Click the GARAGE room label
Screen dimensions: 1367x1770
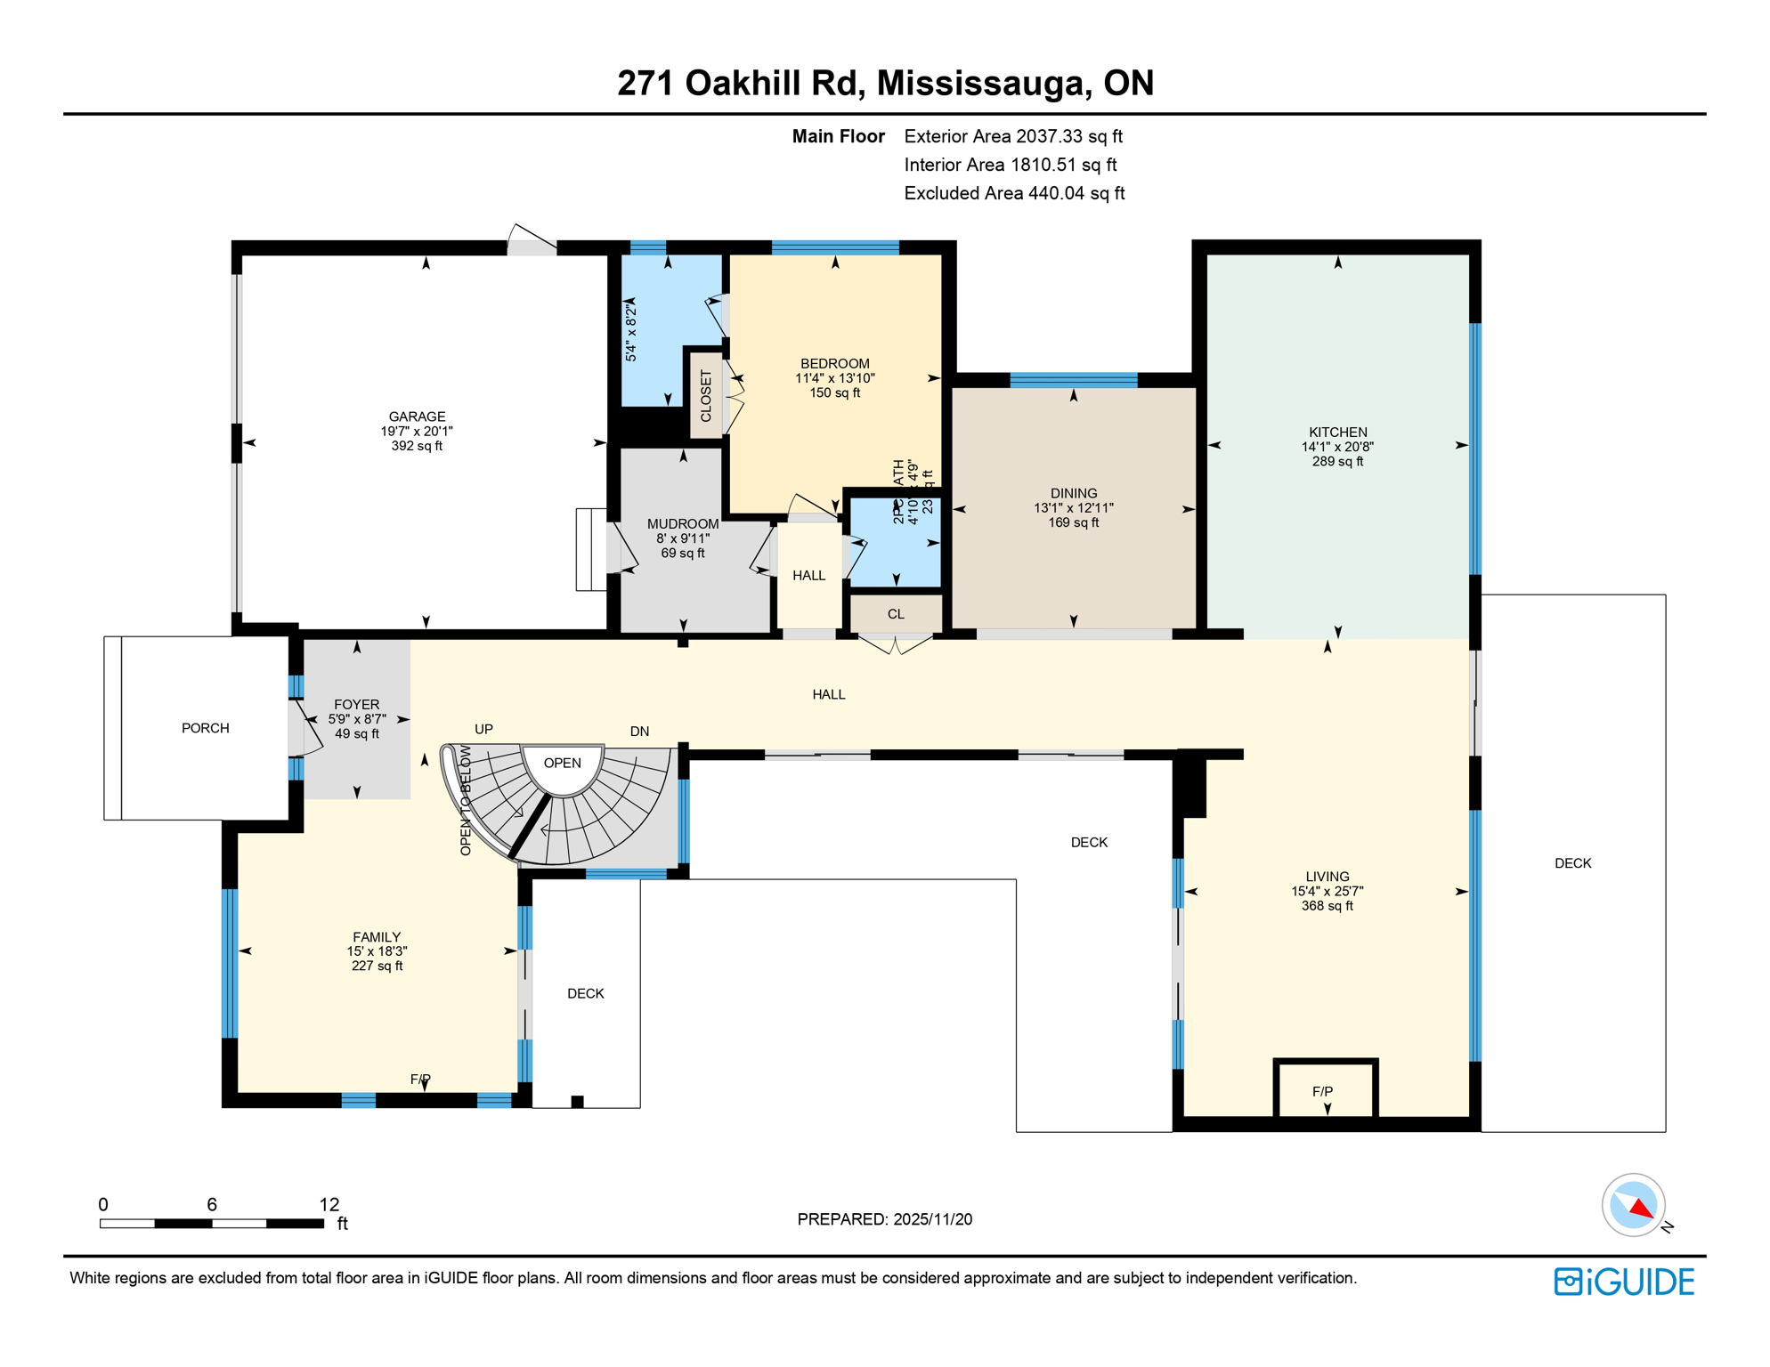(x=417, y=417)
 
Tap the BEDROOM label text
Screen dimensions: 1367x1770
(x=834, y=363)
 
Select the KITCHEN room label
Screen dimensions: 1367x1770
(x=1337, y=432)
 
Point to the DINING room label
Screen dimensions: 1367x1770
(x=1073, y=493)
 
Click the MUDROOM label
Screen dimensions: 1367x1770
(x=682, y=524)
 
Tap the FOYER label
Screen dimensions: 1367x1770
(x=356, y=704)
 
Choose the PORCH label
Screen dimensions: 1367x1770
(x=206, y=728)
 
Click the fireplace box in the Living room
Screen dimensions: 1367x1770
(x=1325, y=1090)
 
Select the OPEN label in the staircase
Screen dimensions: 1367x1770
(x=562, y=763)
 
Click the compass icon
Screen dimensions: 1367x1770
(x=1633, y=1205)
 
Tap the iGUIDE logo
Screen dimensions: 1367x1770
(x=1624, y=1282)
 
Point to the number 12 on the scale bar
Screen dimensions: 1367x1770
(x=329, y=1204)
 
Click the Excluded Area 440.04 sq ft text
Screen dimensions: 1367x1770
(x=1014, y=193)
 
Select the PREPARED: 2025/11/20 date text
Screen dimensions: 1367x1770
(x=884, y=1219)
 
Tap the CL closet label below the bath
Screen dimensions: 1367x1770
(x=896, y=614)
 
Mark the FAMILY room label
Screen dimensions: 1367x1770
(x=377, y=936)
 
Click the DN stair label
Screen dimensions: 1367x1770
(x=639, y=732)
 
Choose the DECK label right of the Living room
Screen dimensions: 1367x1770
(x=1572, y=863)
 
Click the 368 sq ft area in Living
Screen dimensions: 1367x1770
(x=1327, y=906)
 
